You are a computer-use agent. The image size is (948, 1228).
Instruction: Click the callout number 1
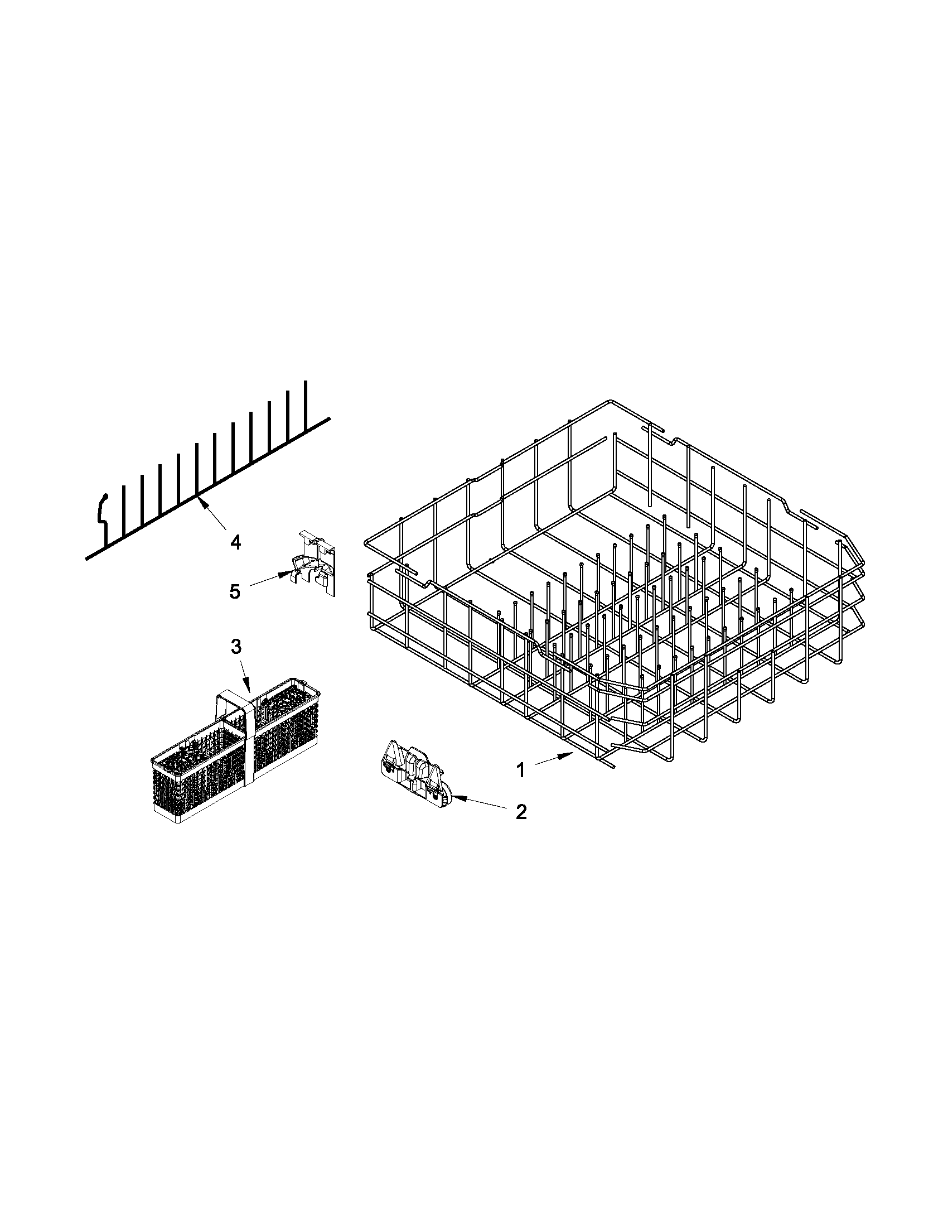(x=521, y=770)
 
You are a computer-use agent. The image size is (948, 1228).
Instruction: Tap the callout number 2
(x=521, y=811)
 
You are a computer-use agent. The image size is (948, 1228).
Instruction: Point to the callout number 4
(x=235, y=543)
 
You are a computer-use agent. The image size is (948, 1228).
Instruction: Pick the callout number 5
(x=235, y=591)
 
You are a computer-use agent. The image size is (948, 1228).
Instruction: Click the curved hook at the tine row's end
(x=102, y=509)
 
